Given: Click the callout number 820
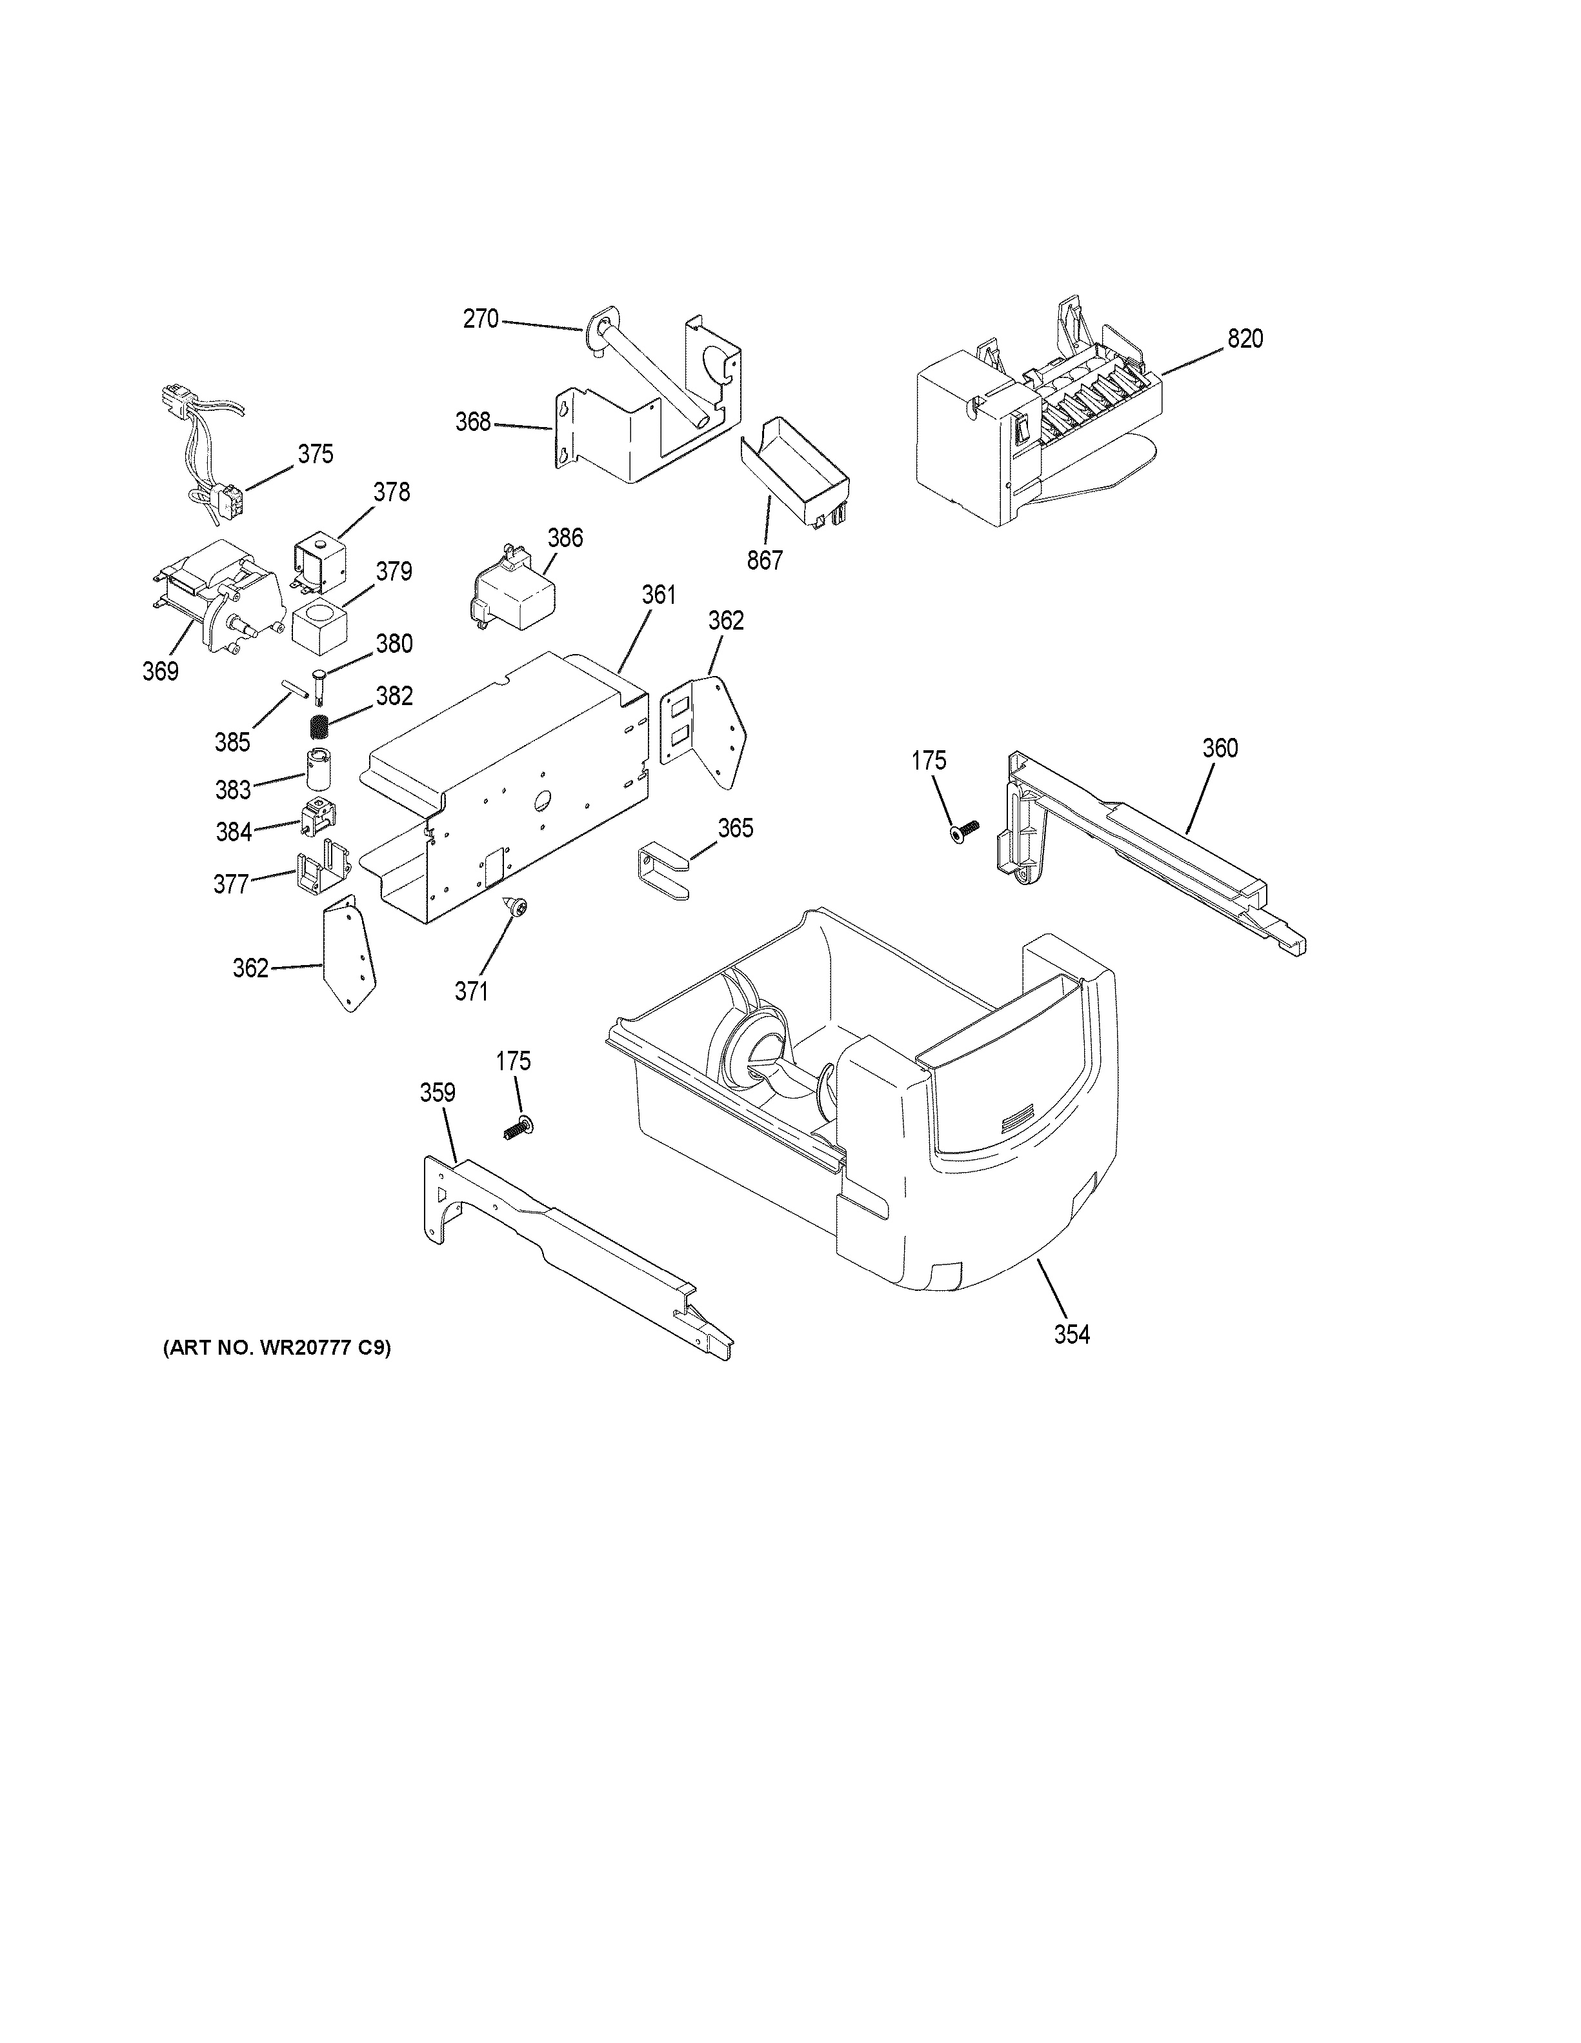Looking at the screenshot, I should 1245,339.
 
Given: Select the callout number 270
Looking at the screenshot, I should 481,319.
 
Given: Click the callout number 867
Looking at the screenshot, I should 764,561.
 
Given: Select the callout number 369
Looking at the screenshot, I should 160,671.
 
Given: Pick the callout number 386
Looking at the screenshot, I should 565,538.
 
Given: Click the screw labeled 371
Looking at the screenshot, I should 516,904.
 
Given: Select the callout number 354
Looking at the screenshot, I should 1072,1334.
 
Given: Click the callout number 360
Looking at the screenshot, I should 1220,748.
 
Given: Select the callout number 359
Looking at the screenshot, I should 437,1091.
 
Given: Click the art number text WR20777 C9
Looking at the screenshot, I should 277,1348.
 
